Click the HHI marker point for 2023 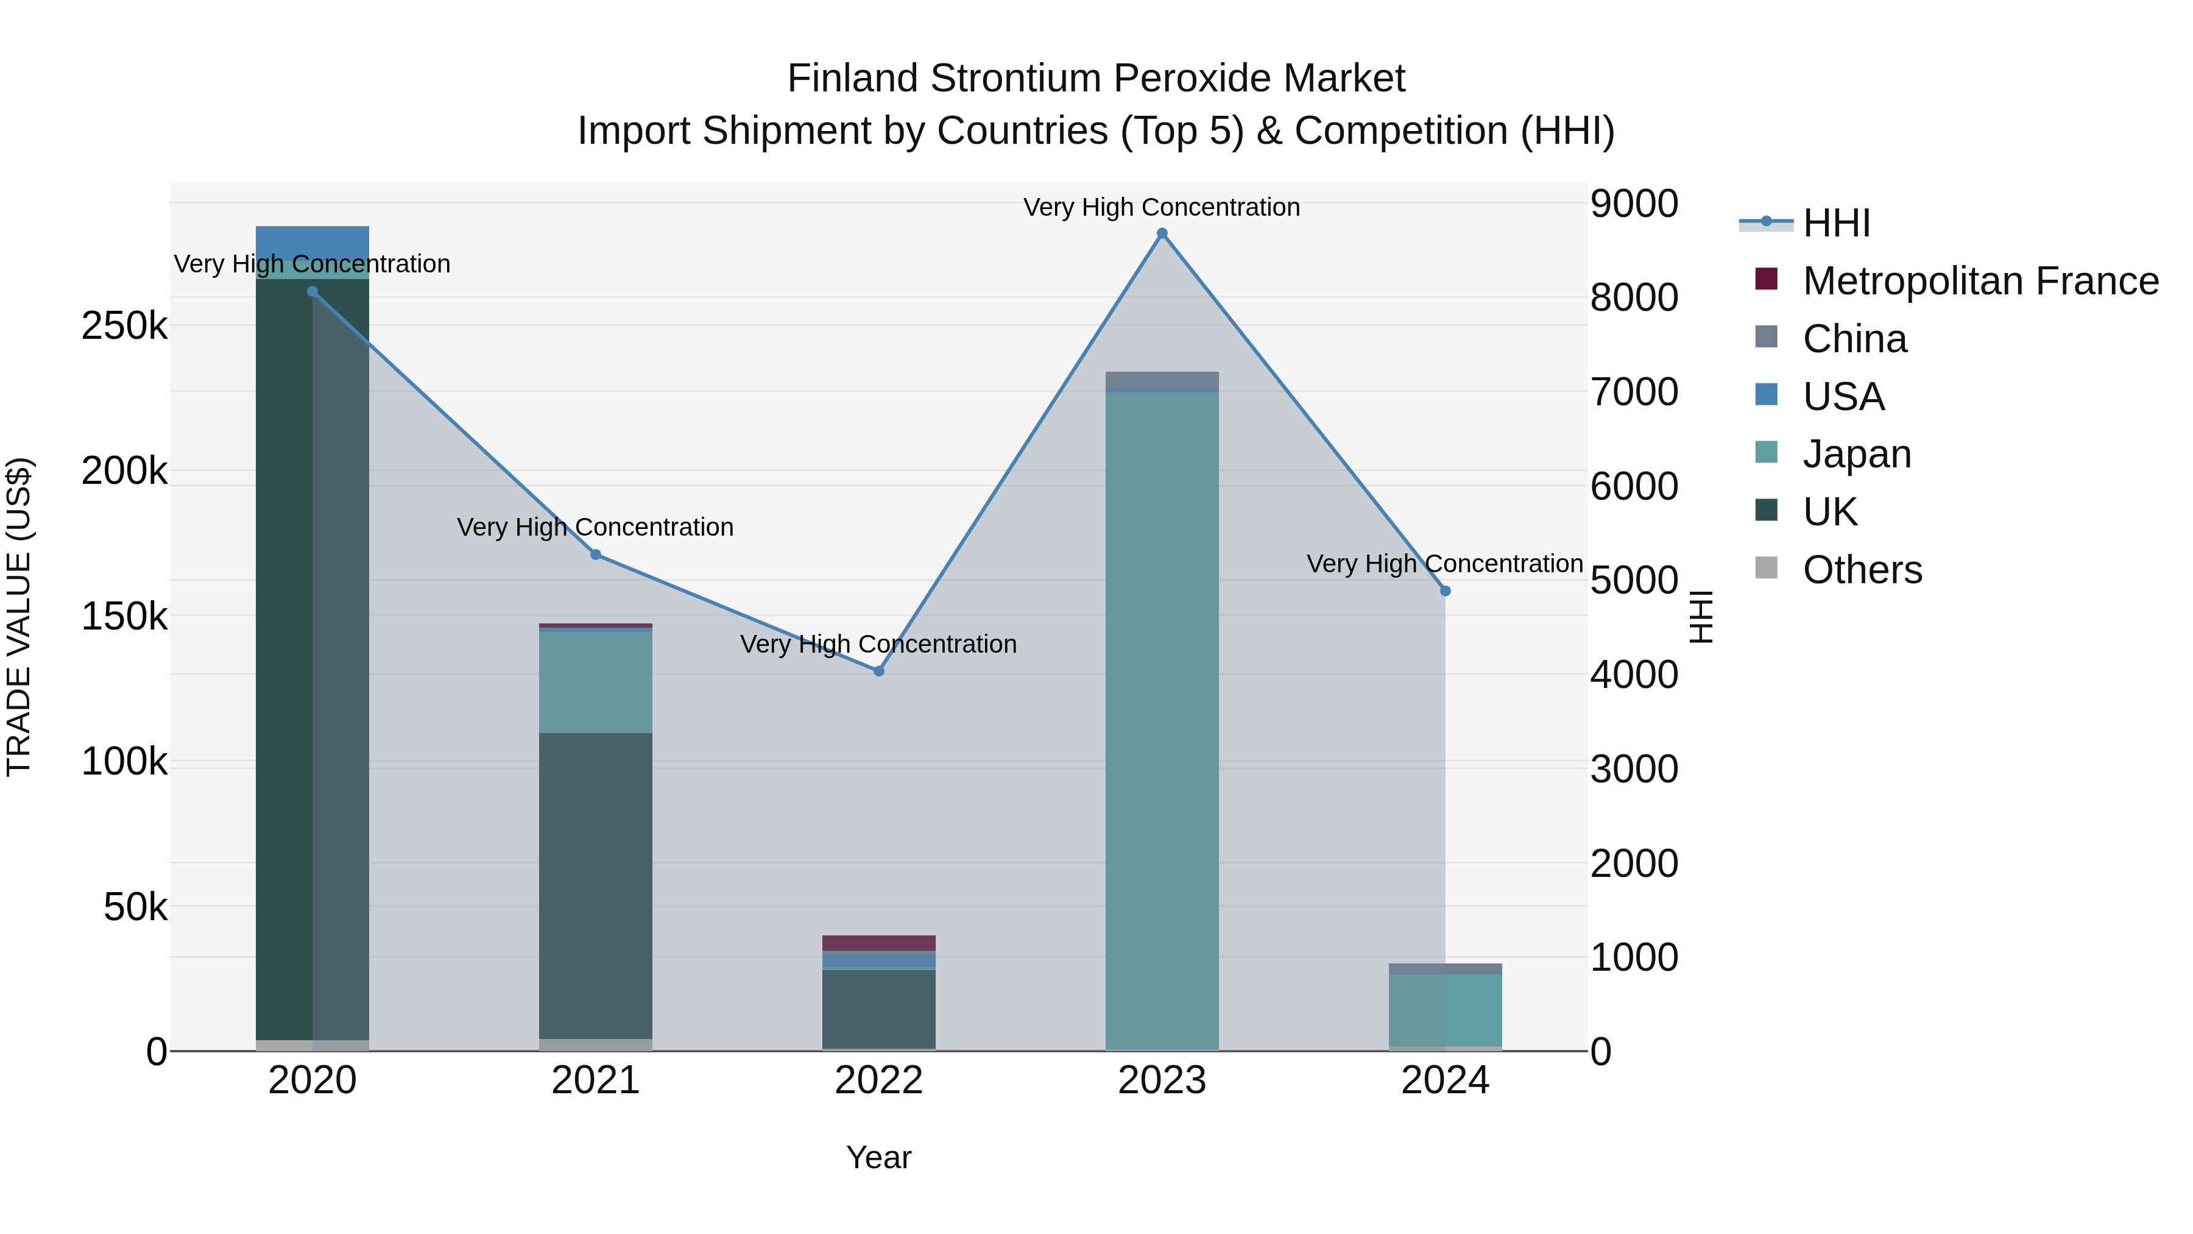pyautogui.click(x=1162, y=233)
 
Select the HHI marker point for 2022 pyautogui.click(x=878, y=671)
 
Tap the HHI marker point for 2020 pyautogui.click(x=313, y=291)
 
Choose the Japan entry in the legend pyautogui.click(x=1856, y=454)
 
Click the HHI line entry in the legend pyautogui.click(x=1835, y=223)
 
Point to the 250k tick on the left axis pyautogui.click(x=124, y=325)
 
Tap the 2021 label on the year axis pyautogui.click(x=595, y=1080)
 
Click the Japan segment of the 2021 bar pyautogui.click(x=595, y=681)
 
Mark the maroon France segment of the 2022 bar pyautogui.click(x=878, y=943)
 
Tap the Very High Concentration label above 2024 pyautogui.click(x=1445, y=564)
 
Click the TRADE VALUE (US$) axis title pyautogui.click(x=19, y=617)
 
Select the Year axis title pyautogui.click(x=878, y=1157)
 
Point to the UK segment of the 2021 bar pyautogui.click(x=595, y=885)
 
